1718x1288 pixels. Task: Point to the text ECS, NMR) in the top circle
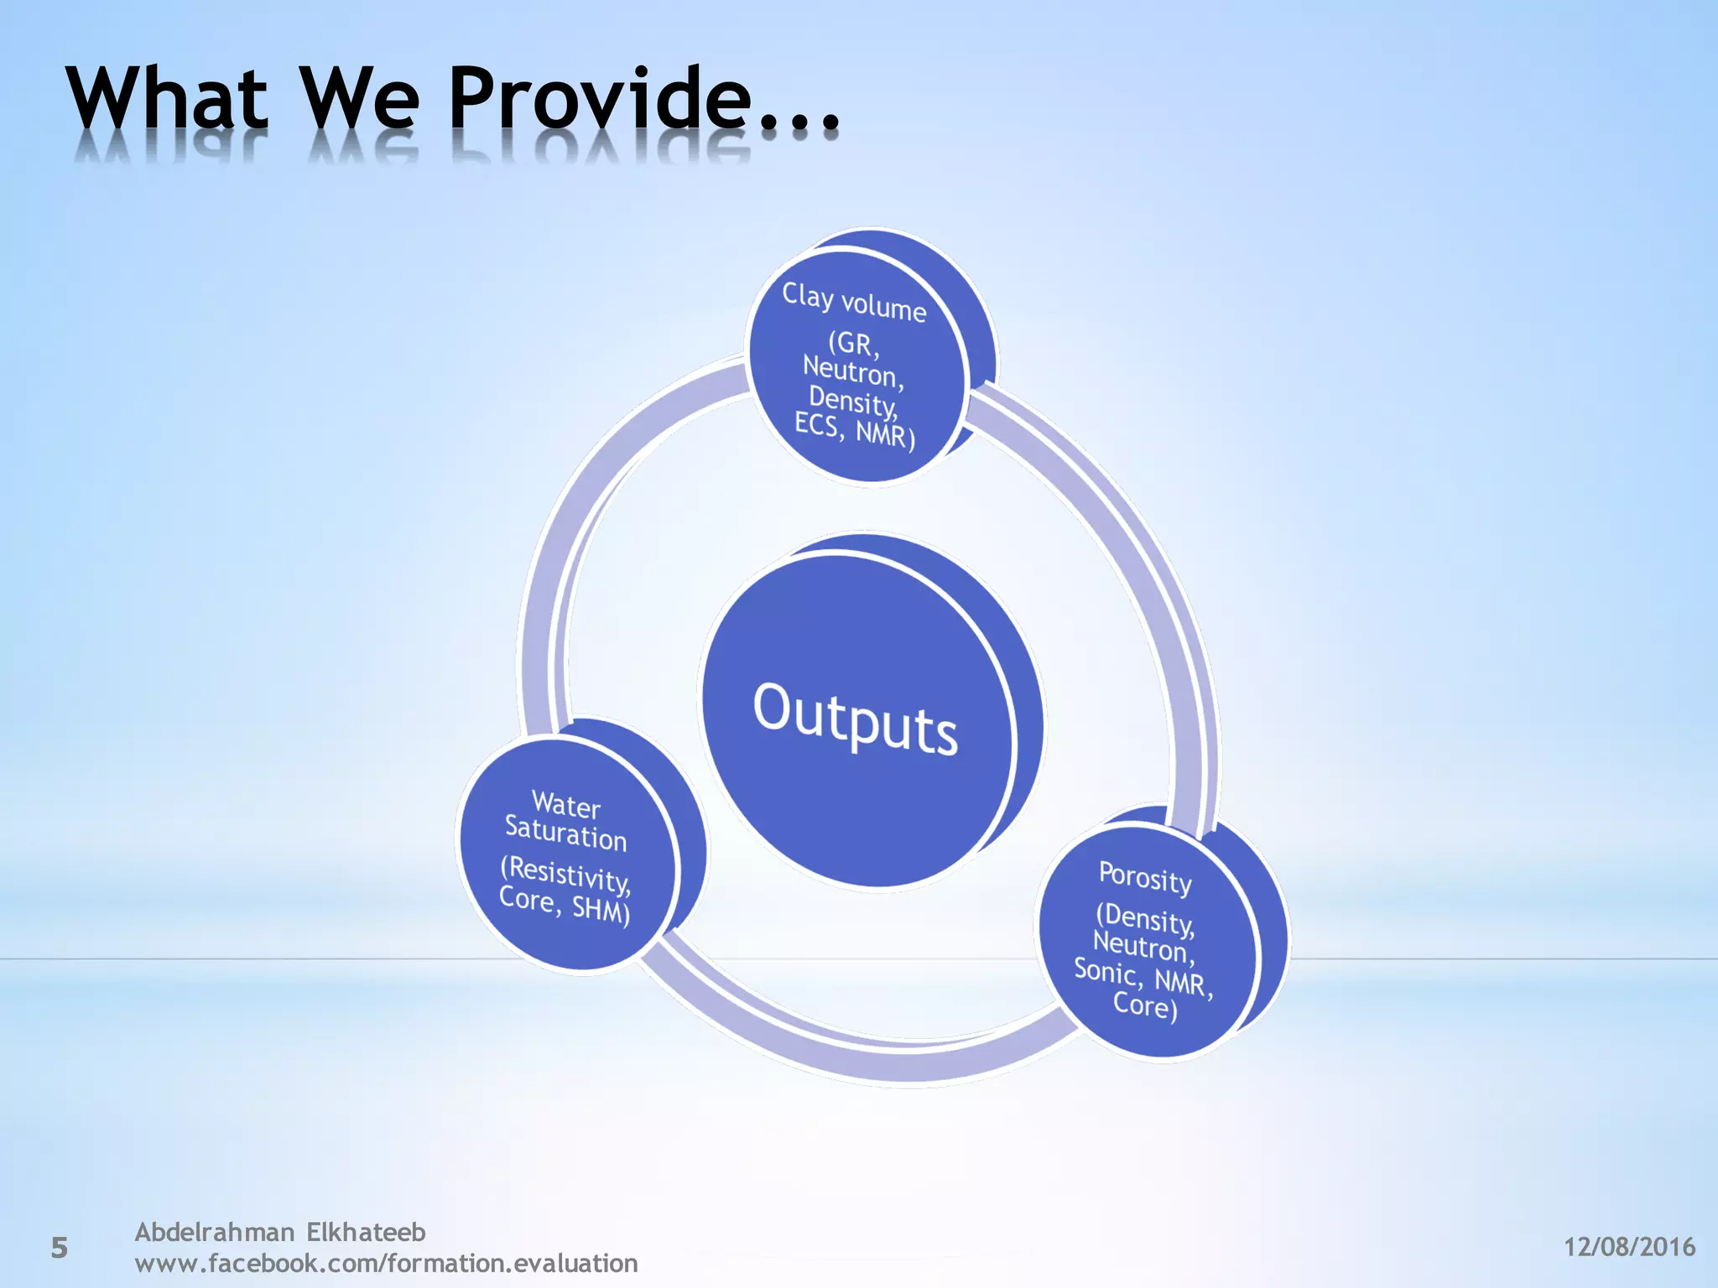[x=854, y=430]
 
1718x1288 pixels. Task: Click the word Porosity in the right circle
[x=1145, y=878]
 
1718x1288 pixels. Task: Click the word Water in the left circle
[x=566, y=805]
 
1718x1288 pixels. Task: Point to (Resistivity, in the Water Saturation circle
[x=565, y=874]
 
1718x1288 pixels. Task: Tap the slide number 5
[x=59, y=1248]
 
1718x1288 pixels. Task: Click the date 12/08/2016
[x=1629, y=1247]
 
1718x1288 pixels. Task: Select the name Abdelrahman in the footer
[x=215, y=1232]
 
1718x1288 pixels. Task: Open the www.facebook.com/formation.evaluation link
[x=386, y=1263]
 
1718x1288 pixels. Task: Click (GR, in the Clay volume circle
[x=854, y=344]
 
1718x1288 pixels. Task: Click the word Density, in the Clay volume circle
[x=852, y=401]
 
